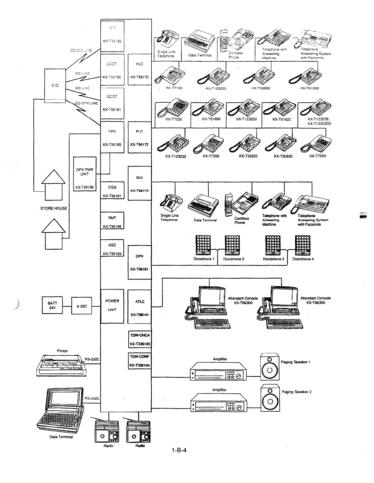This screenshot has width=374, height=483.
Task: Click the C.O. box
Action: [x=55, y=86]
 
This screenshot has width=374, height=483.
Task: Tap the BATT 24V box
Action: [x=52, y=305]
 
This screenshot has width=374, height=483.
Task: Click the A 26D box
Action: [x=82, y=306]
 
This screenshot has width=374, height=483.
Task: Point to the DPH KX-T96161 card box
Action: [x=140, y=262]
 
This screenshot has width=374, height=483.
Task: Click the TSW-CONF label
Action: [x=140, y=357]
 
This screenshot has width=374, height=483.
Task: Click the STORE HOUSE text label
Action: [x=54, y=208]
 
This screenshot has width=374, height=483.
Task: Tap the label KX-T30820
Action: [x=248, y=156]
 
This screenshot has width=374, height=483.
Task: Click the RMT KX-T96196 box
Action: [x=112, y=221]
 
